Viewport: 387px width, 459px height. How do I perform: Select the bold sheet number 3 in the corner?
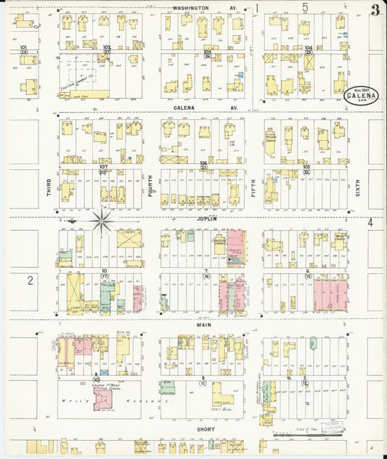[x=375, y=10]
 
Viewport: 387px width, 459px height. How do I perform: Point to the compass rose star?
[x=101, y=217]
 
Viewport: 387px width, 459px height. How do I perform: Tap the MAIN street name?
[x=204, y=325]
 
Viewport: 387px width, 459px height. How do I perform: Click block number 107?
[x=104, y=168]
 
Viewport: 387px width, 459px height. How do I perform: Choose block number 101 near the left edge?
[x=23, y=48]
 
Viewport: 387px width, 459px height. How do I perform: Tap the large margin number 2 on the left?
[x=30, y=279]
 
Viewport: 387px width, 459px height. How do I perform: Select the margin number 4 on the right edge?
[x=371, y=222]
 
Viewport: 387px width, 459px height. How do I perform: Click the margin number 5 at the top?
[x=306, y=7]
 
